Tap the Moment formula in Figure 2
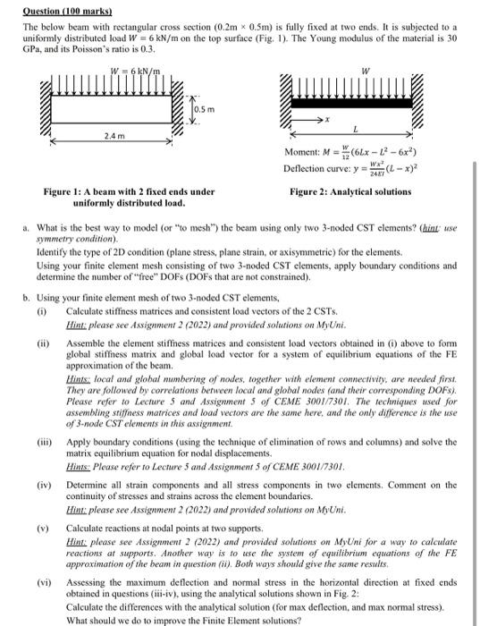[359, 152]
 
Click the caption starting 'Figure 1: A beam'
[130, 197]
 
